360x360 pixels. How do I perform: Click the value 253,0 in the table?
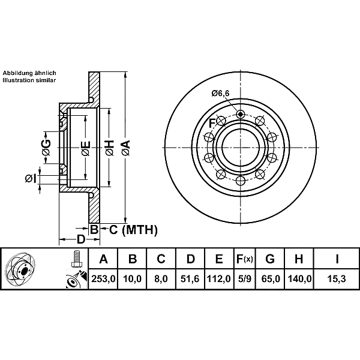click(x=103, y=279)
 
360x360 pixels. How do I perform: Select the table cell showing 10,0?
click(x=133, y=279)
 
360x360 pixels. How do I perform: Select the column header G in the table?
click(x=270, y=259)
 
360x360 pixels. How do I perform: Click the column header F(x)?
click(x=244, y=259)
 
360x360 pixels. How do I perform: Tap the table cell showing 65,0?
click(x=270, y=279)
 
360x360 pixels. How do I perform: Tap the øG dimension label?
click(x=46, y=144)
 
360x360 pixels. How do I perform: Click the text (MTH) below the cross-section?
click(x=139, y=229)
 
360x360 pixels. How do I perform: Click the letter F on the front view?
click(x=211, y=123)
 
